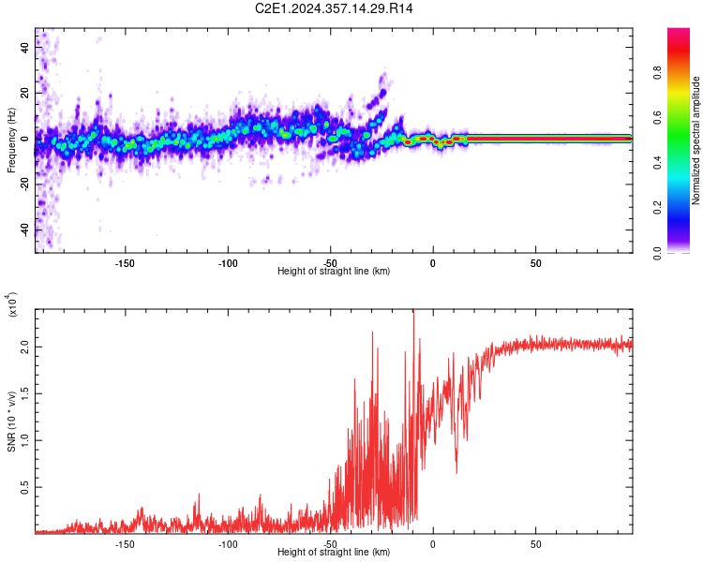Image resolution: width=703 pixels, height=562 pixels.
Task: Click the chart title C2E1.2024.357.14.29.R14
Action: point(334,9)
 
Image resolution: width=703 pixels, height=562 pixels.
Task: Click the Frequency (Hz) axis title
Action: point(11,140)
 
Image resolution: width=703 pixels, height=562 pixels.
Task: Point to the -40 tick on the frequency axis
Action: point(25,230)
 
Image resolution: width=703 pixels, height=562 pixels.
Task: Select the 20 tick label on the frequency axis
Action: point(25,94)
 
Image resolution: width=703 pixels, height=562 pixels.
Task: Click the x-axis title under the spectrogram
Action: point(334,271)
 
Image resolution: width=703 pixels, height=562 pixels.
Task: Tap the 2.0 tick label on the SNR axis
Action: point(25,347)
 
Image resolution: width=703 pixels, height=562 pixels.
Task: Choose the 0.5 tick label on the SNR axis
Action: point(25,486)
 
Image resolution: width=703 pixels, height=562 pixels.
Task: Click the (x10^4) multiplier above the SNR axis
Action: point(12,306)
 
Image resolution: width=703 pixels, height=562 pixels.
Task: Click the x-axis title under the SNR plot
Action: point(334,553)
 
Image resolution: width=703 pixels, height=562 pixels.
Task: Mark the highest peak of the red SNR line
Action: point(413,311)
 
